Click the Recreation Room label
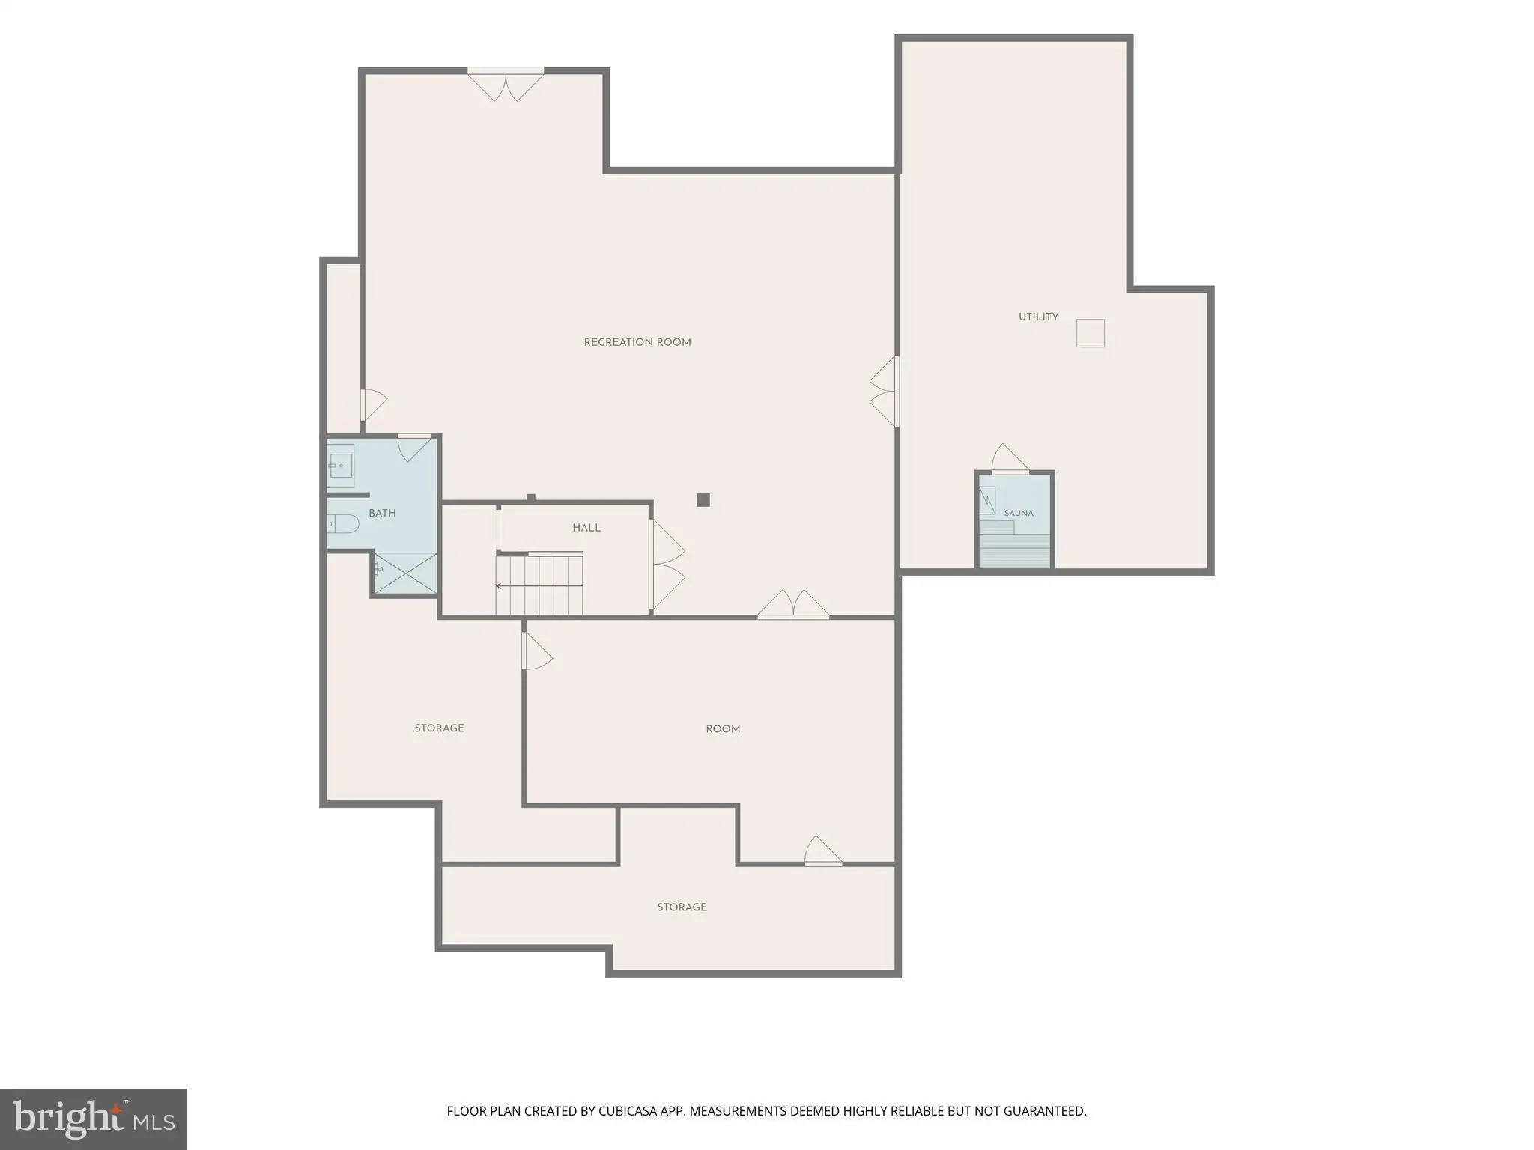pyautogui.click(x=637, y=342)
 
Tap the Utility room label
pyautogui.click(x=1038, y=317)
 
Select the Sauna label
pyautogui.click(x=1019, y=513)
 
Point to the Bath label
pyautogui.click(x=382, y=513)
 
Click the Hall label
pyautogui.click(x=586, y=528)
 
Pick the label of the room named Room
pyautogui.click(x=723, y=728)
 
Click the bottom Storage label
pyautogui.click(x=682, y=907)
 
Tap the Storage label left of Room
pyautogui.click(x=440, y=728)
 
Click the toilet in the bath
pyautogui.click(x=343, y=523)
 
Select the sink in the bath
pyautogui.click(x=341, y=466)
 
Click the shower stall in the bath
pyautogui.click(x=405, y=574)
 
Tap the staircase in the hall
pyautogui.click(x=539, y=585)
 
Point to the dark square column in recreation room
pyautogui.click(x=703, y=500)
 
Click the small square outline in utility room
pyautogui.click(x=1091, y=333)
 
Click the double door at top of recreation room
pyautogui.click(x=506, y=84)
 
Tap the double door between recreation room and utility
pyautogui.click(x=884, y=391)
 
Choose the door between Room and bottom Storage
pyautogui.click(x=823, y=851)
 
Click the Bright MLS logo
pyautogui.click(x=94, y=1119)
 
